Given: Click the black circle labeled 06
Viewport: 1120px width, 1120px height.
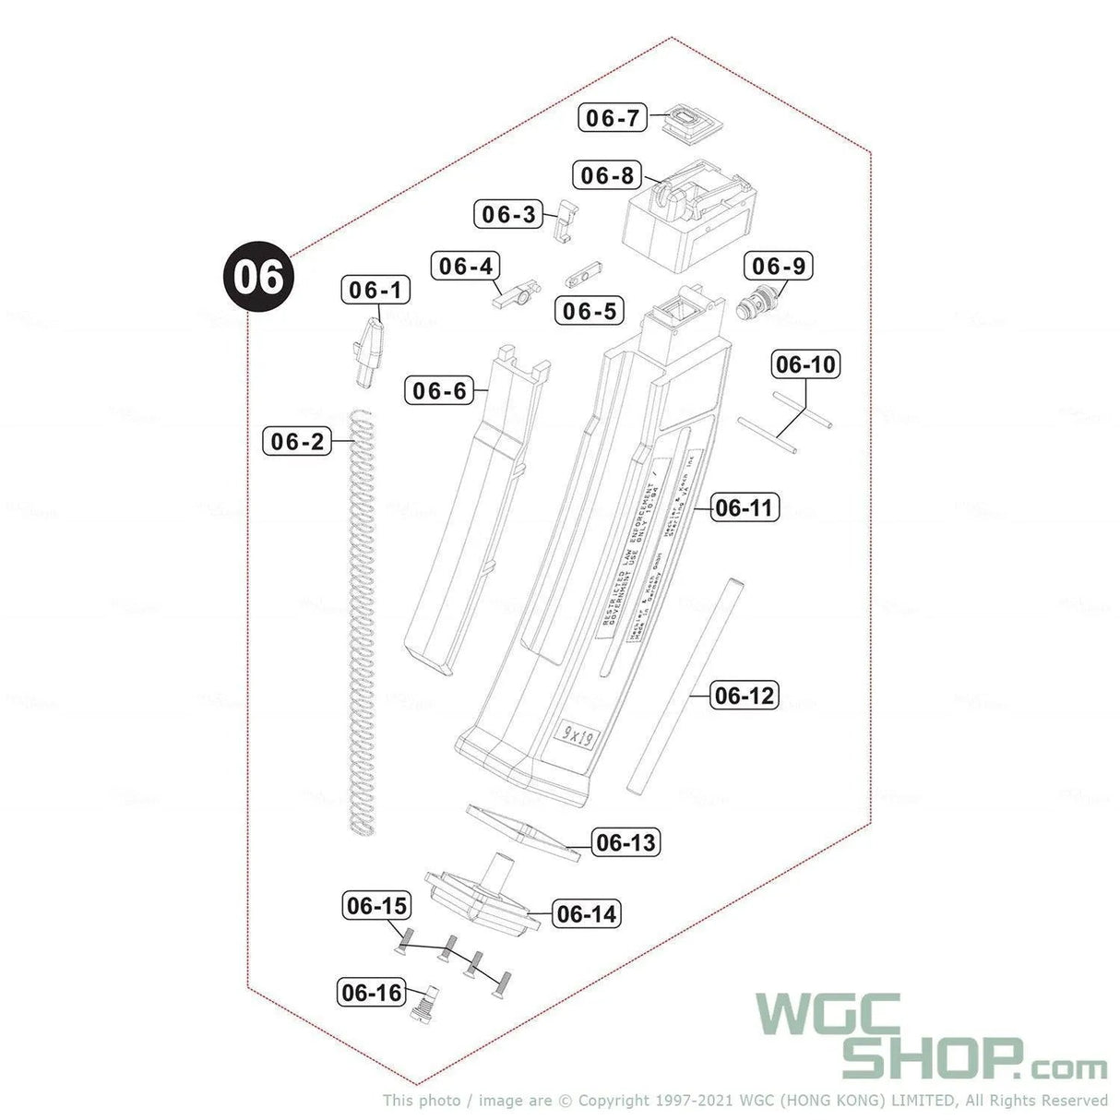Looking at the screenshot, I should pos(257,276).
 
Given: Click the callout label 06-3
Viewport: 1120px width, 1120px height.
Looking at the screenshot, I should pos(509,215).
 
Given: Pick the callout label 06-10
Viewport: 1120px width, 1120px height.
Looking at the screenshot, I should pos(804,364).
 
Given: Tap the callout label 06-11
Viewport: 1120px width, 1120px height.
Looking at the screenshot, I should pos(745,507).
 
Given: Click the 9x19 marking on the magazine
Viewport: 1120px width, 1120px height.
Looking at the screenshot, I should pos(579,734).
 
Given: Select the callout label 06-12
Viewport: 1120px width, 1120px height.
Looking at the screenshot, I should pos(745,696).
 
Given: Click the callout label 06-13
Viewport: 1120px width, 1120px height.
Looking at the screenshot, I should pos(626,842).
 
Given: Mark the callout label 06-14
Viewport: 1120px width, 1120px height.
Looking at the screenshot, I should pos(586,914).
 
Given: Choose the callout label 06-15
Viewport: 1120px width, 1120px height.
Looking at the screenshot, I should pos(376,906).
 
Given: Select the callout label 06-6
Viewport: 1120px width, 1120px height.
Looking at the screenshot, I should pos(439,391).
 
